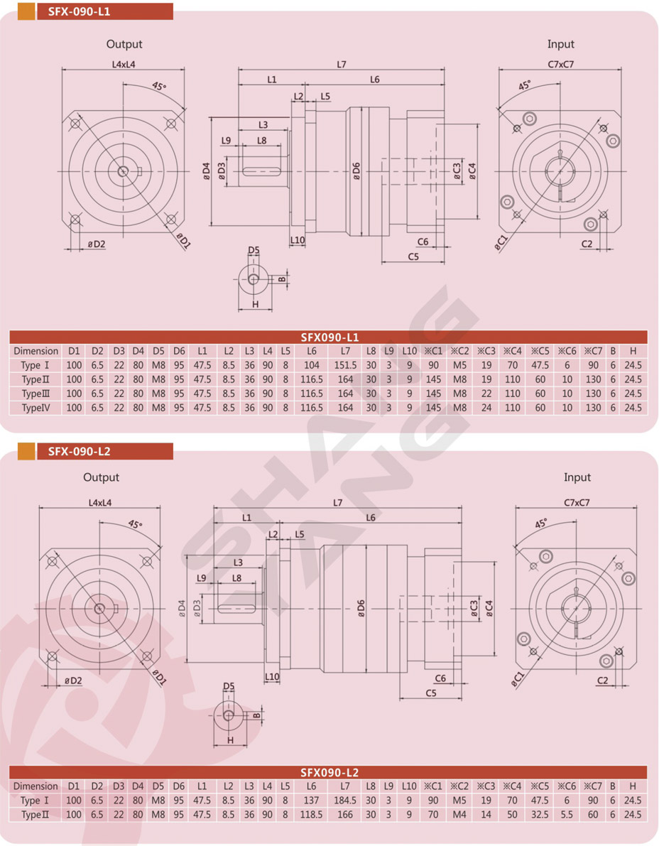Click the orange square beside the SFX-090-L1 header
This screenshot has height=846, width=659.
pyautogui.click(x=26, y=11)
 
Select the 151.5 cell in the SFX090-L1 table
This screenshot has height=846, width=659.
pyautogui.click(x=345, y=365)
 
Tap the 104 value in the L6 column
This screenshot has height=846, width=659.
pyautogui.click(x=312, y=365)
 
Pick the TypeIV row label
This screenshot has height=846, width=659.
pyautogui.click(x=36, y=408)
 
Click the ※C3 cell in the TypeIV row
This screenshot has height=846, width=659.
pyautogui.click(x=486, y=408)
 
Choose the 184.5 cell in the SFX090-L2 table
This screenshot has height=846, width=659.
pyautogui.click(x=344, y=801)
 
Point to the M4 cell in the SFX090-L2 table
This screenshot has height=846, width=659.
pyautogui.click(x=459, y=815)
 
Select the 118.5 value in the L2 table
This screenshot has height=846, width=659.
pyautogui.click(x=311, y=815)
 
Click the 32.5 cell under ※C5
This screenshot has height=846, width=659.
pyautogui.click(x=540, y=815)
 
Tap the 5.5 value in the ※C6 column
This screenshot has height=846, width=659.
pyautogui.click(x=567, y=815)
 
